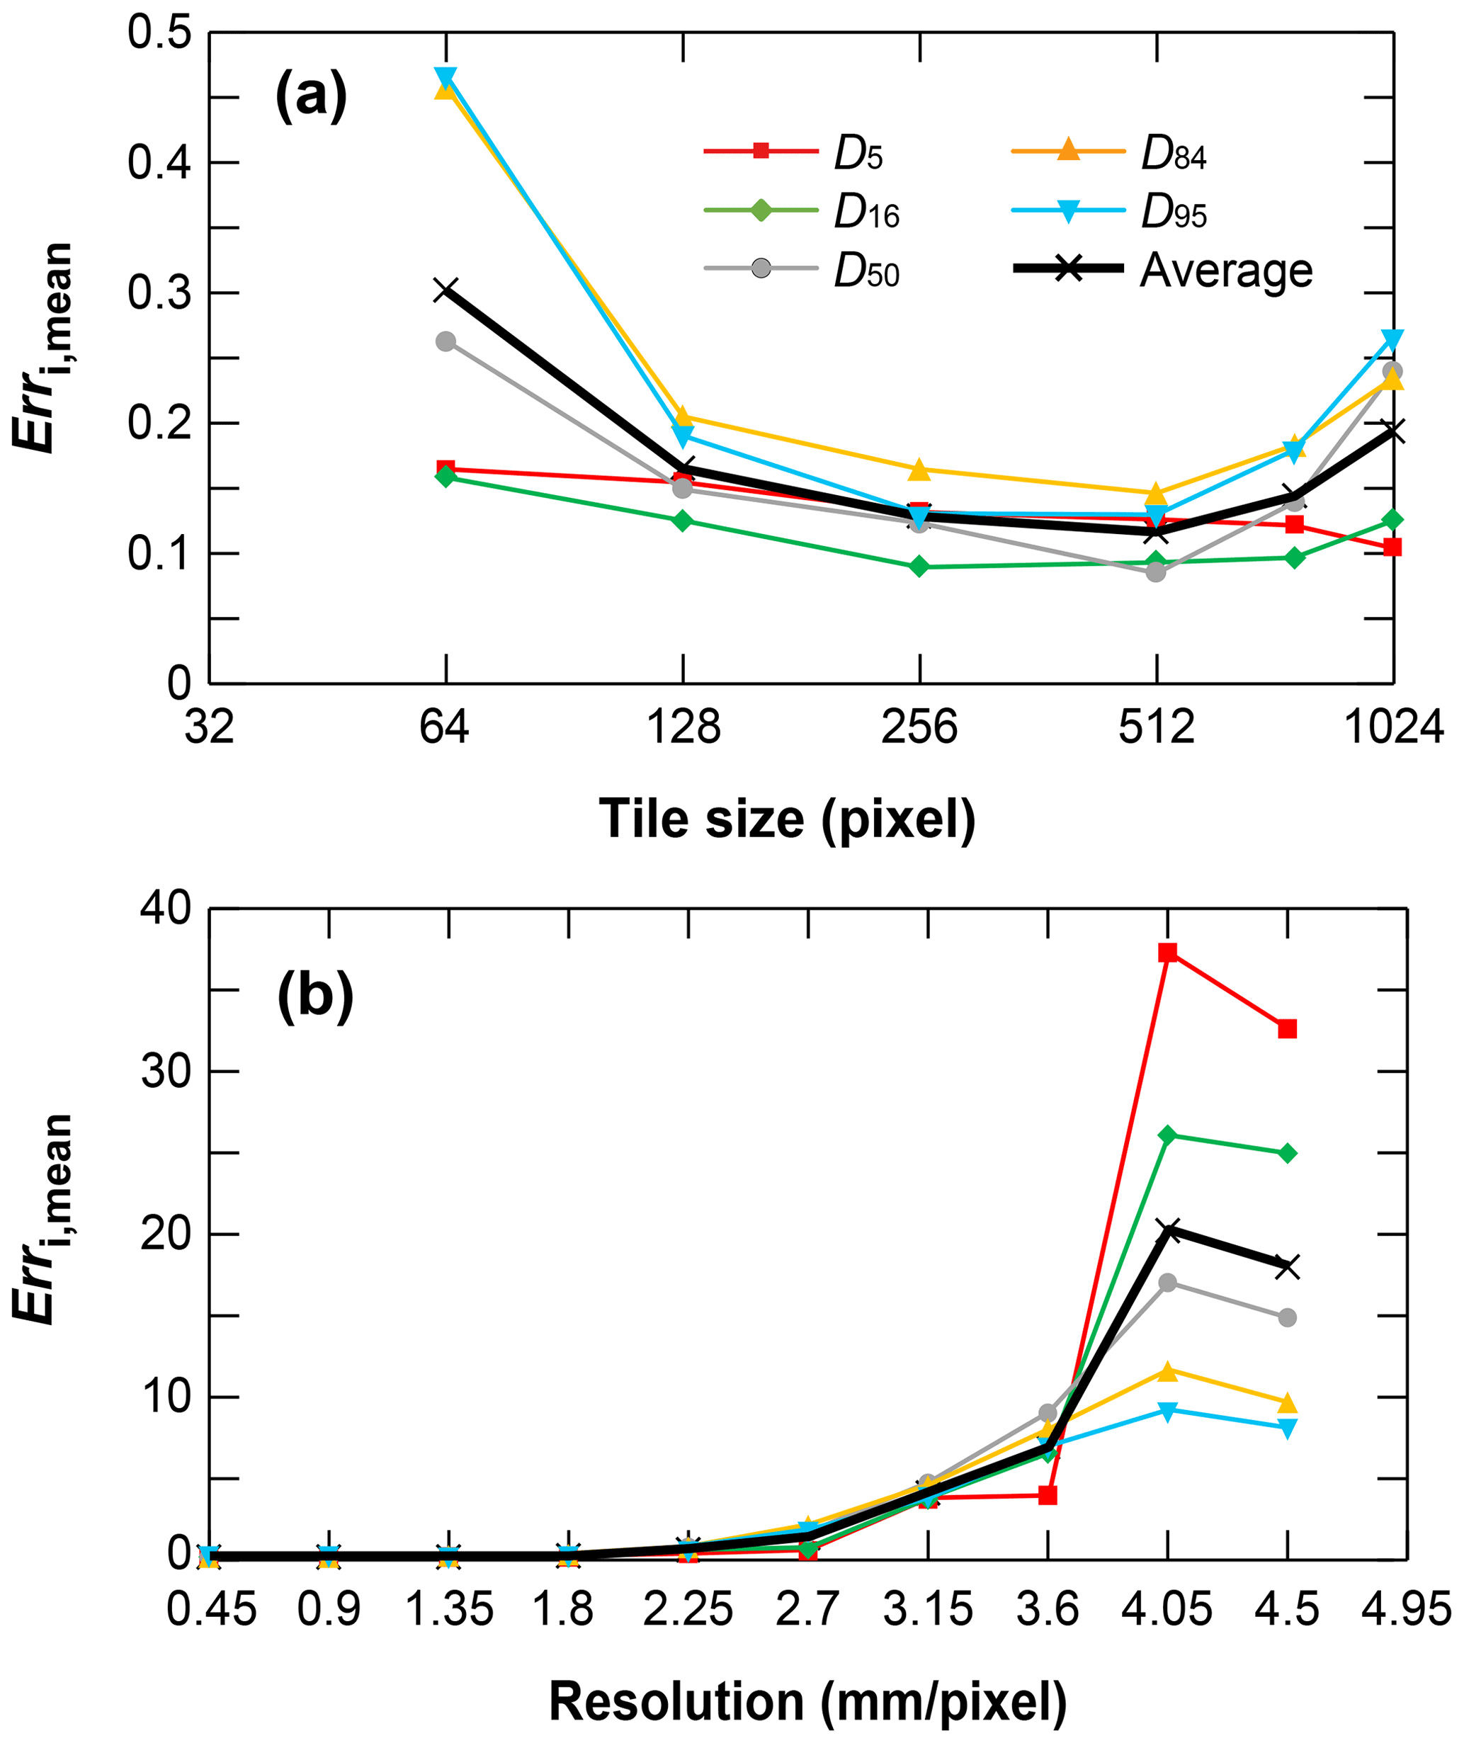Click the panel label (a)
point(311,98)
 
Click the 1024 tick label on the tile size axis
point(1393,728)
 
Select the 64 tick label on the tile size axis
point(445,728)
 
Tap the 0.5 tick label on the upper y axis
point(159,33)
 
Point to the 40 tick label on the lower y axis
point(166,909)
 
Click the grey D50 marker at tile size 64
point(446,341)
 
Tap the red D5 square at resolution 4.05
point(1168,953)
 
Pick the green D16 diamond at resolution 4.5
point(1287,1154)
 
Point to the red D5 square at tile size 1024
point(1392,547)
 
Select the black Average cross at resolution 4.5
point(1287,1267)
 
